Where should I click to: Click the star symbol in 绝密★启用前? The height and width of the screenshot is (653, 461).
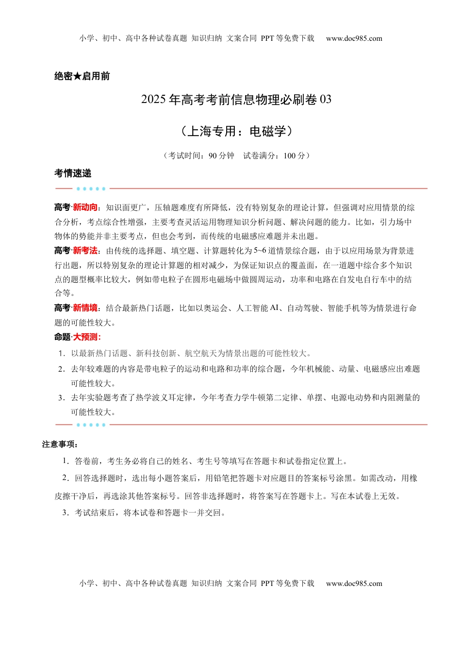[x=77, y=76]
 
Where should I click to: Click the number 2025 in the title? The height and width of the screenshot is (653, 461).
[x=154, y=100]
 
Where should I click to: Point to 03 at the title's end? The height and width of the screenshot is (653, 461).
[x=326, y=100]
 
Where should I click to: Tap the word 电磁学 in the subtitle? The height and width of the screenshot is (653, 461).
[x=267, y=131]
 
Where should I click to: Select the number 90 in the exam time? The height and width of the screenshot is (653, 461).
[x=213, y=156]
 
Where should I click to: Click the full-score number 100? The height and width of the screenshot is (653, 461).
[x=289, y=156]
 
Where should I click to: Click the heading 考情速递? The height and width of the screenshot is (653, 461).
[x=73, y=173]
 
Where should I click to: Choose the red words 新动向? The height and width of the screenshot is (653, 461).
[x=85, y=207]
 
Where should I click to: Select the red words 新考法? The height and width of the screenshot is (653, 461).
[x=85, y=251]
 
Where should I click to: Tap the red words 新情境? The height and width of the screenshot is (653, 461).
[x=85, y=308]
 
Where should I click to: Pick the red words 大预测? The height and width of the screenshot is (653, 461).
[x=85, y=337]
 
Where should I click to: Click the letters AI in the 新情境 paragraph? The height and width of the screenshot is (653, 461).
[x=274, y=308]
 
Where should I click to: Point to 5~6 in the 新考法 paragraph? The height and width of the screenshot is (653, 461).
[x=260, y=251]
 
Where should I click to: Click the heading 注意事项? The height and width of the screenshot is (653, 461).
[x=59, y=445]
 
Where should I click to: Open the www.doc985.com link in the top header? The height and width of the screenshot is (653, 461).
[x=354, y=38]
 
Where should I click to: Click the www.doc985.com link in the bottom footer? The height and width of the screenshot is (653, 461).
[x=354, y=584]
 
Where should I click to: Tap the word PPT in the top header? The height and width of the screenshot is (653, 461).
[x=267, y=38]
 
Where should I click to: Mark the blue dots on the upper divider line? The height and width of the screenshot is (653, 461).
[x=91, y=189]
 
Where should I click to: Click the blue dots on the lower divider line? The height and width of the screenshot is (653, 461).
[x=91, y=425]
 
